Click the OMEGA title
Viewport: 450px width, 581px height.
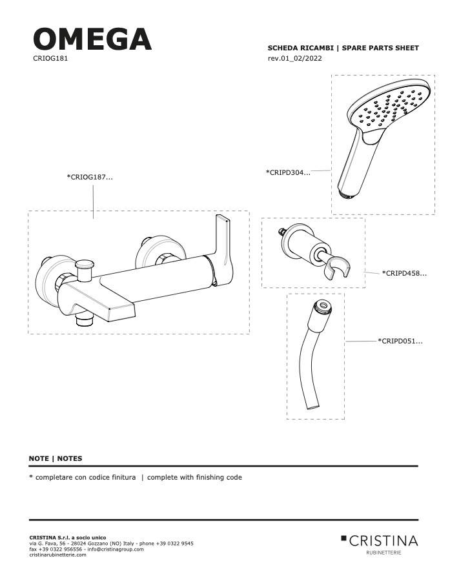pos(92,39)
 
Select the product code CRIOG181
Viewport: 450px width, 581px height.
pos(50,58)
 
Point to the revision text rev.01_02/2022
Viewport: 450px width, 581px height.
pos(294,58)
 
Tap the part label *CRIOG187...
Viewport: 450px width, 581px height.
pos(90,177)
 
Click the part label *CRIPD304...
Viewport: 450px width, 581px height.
pos(288,172)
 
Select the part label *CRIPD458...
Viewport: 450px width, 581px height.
pos(404,274)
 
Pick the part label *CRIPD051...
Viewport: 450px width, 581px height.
pos(400,341)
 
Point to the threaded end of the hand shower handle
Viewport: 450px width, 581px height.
pos(346,194)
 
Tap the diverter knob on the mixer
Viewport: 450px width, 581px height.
pos(85,267)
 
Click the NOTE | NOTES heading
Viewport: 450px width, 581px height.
pos(56,458)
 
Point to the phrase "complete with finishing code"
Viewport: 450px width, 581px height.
pos(194,477)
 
